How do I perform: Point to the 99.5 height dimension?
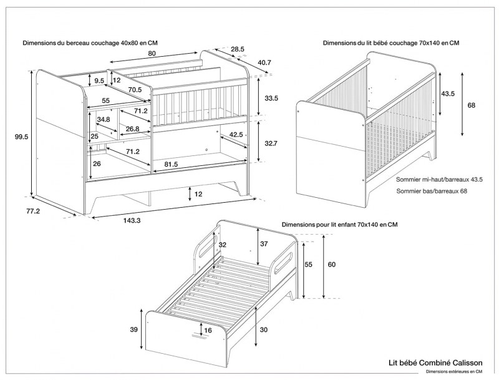coord(22,137)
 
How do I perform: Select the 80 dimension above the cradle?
coord(152,54)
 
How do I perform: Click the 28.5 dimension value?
coord(236,49)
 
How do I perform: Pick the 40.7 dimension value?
coord(264,62)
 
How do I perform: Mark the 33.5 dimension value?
coord(271,99)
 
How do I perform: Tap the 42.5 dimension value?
coord(236,135)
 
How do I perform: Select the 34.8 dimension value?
coord(104,119)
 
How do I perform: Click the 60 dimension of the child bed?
coord(331,265)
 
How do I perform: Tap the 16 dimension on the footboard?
coord(208,330)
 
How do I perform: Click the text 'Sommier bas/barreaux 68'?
coord(431,191)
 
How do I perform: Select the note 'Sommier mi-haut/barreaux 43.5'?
coord(440,179)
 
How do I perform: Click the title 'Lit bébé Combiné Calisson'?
coord(435,362)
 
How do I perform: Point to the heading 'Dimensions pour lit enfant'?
coord(340,224)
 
